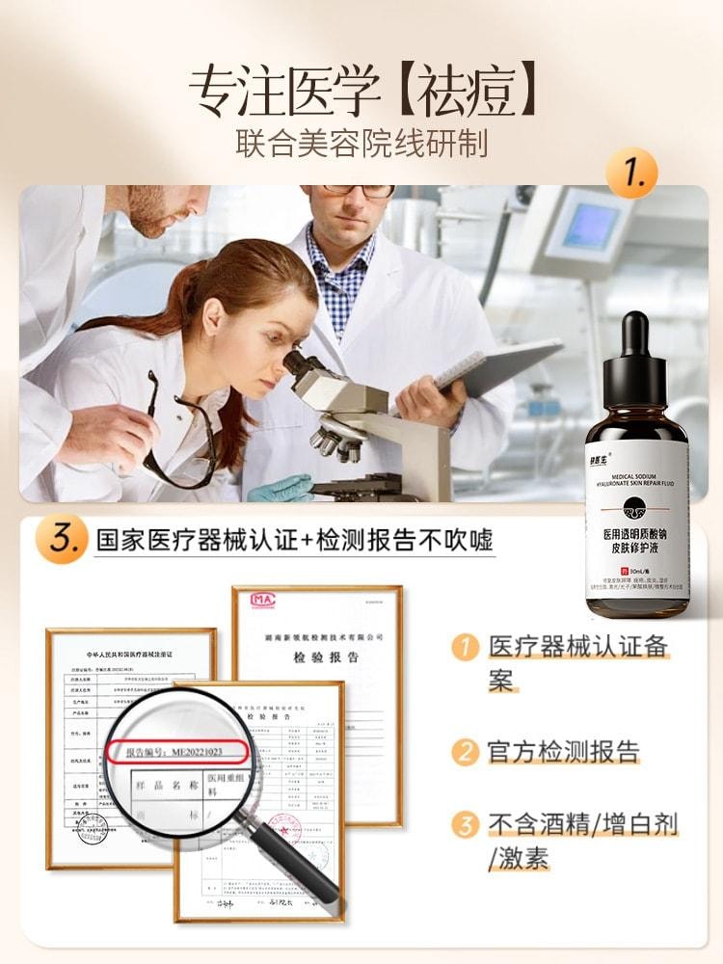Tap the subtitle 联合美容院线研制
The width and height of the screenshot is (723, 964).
pyautogui.click(x=361, y=143)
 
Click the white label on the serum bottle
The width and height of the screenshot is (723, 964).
pyautogui.click(x=637, y=521)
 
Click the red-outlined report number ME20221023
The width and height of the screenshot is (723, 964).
pyautogui.click(x=177, y=751)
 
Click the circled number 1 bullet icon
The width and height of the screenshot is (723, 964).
pyautogui.click(x=466, y=647)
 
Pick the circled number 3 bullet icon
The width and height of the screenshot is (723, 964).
pyautogui.click(x=466, y=825)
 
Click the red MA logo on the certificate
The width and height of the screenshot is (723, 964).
pyautogui.click(x=262, y=600)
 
